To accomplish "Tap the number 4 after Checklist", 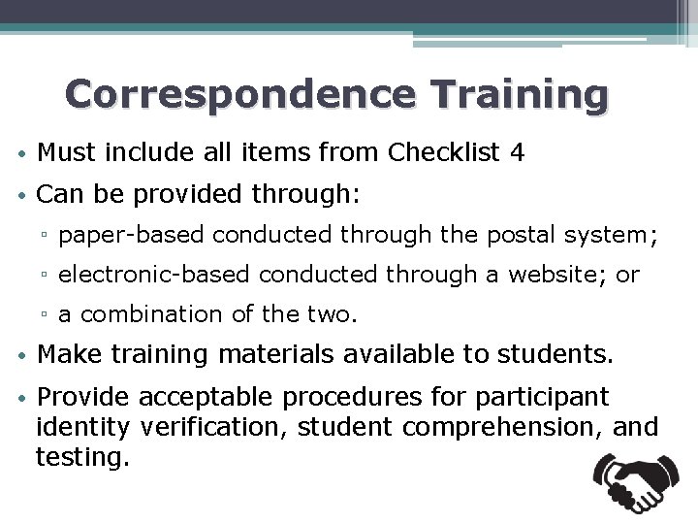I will [x=518, y=151].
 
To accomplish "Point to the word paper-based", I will [x=133, y=234].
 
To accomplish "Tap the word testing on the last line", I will [x=81, y=455].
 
